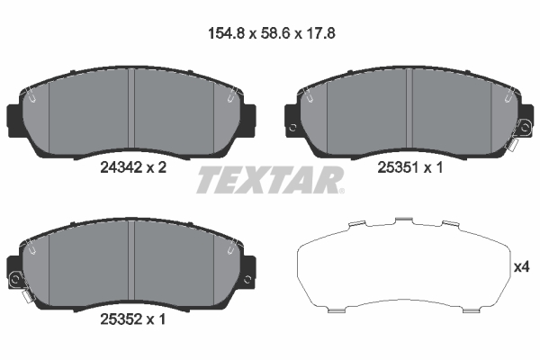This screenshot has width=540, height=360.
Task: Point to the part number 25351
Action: (398, 167)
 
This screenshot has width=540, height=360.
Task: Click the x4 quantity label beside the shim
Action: (521, 267)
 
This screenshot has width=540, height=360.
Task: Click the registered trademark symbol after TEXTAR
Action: (339, 190)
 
